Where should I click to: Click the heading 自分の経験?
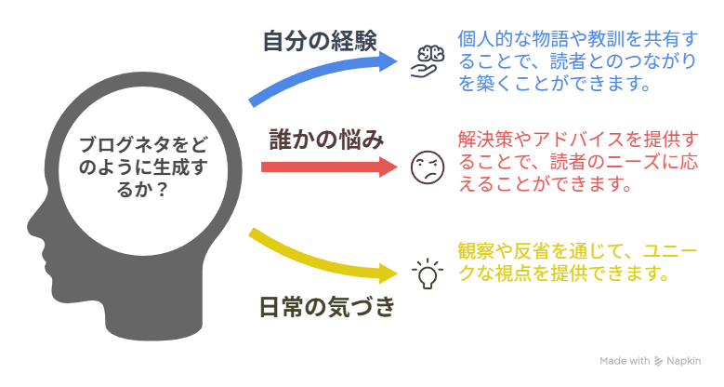point(320,41)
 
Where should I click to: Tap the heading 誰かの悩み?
point(326,140)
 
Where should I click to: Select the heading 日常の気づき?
point(327,307)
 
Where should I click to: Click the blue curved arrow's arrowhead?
point(387,61)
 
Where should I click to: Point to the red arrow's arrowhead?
point(388,167)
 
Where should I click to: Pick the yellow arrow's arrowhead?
point(388,274)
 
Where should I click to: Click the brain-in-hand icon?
point(428,61)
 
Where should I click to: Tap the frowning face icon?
point(428,167)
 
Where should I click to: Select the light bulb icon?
point(428,274)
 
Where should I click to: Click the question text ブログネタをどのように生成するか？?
point(143,167)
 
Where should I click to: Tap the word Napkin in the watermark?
point(684,361)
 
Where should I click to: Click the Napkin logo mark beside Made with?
point(658,361)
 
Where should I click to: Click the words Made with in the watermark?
point(625,361)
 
